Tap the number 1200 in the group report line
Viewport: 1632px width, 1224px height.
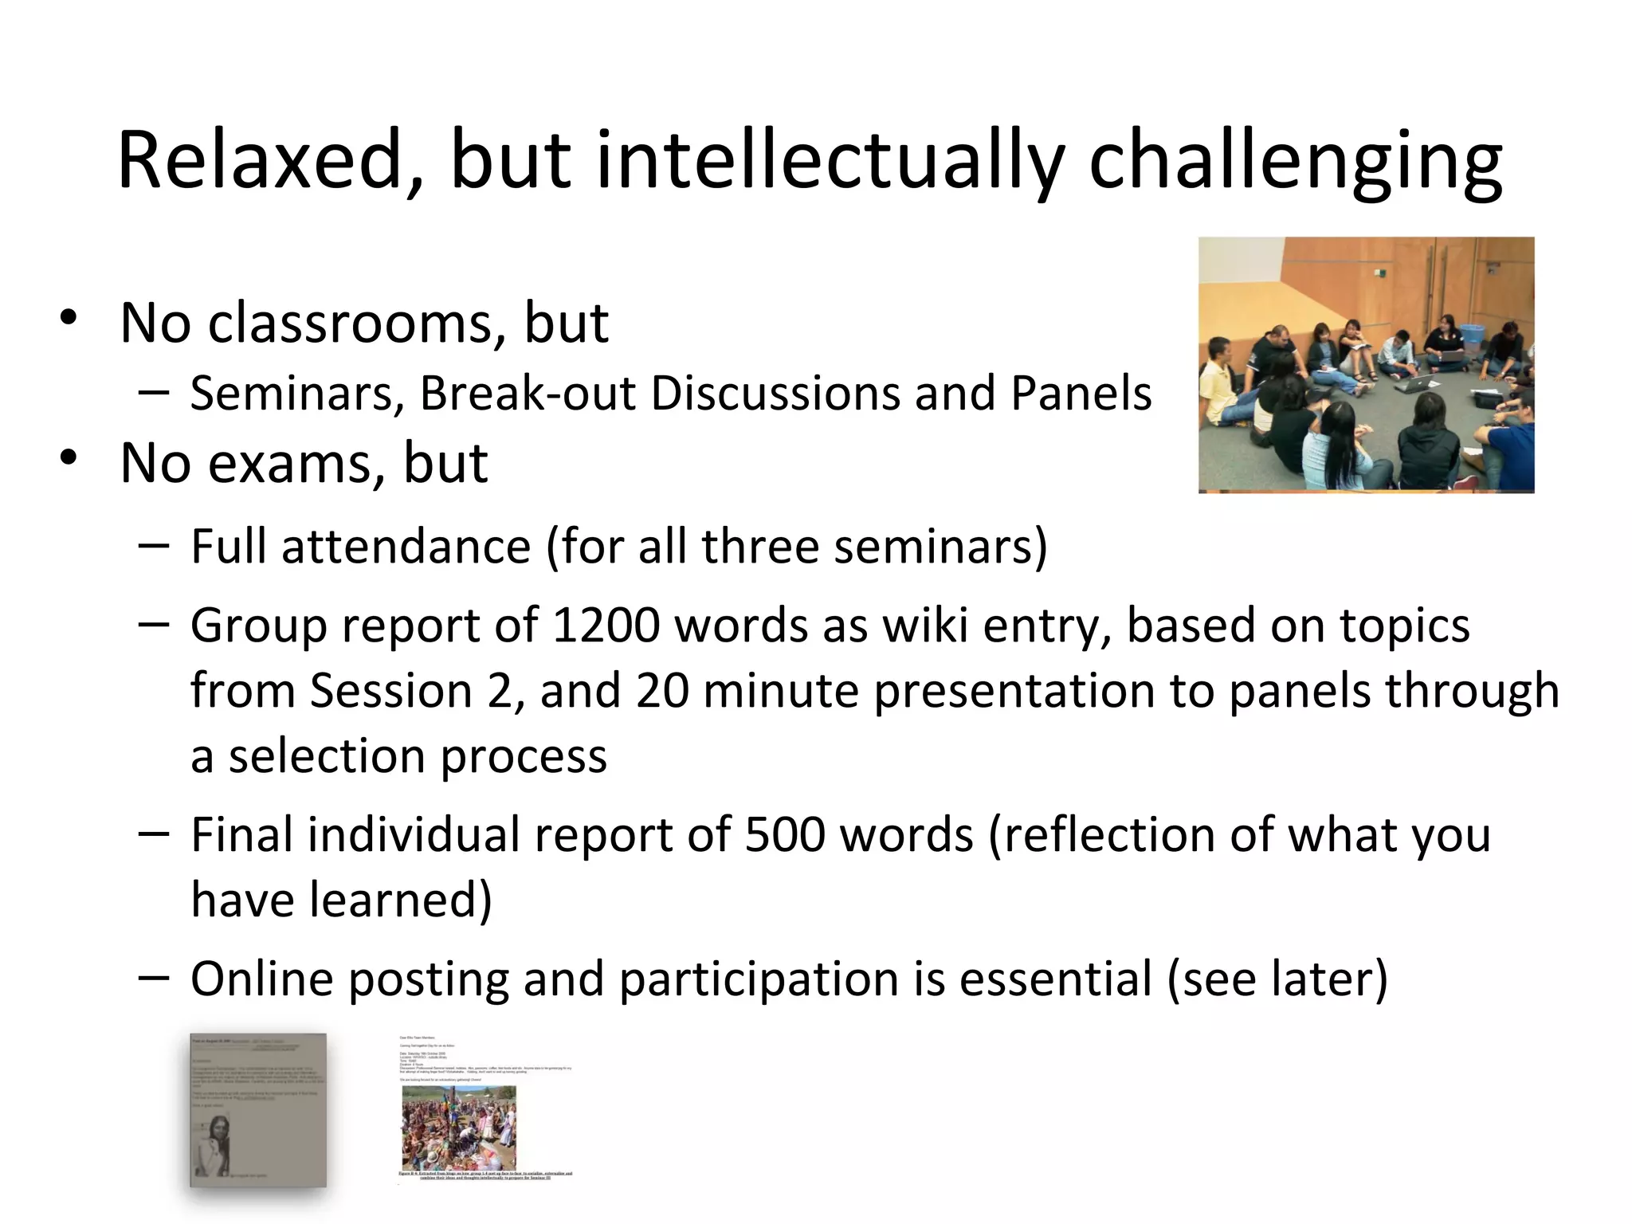pos(606,625)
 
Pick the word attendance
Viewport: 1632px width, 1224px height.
pos(406,547)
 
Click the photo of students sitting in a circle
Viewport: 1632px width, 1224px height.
pos(1366,365)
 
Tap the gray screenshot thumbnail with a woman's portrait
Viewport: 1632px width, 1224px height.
pos(258,1111)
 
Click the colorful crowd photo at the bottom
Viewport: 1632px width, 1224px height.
pos(459,1128)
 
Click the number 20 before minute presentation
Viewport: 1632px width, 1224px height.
pos(662,690)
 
